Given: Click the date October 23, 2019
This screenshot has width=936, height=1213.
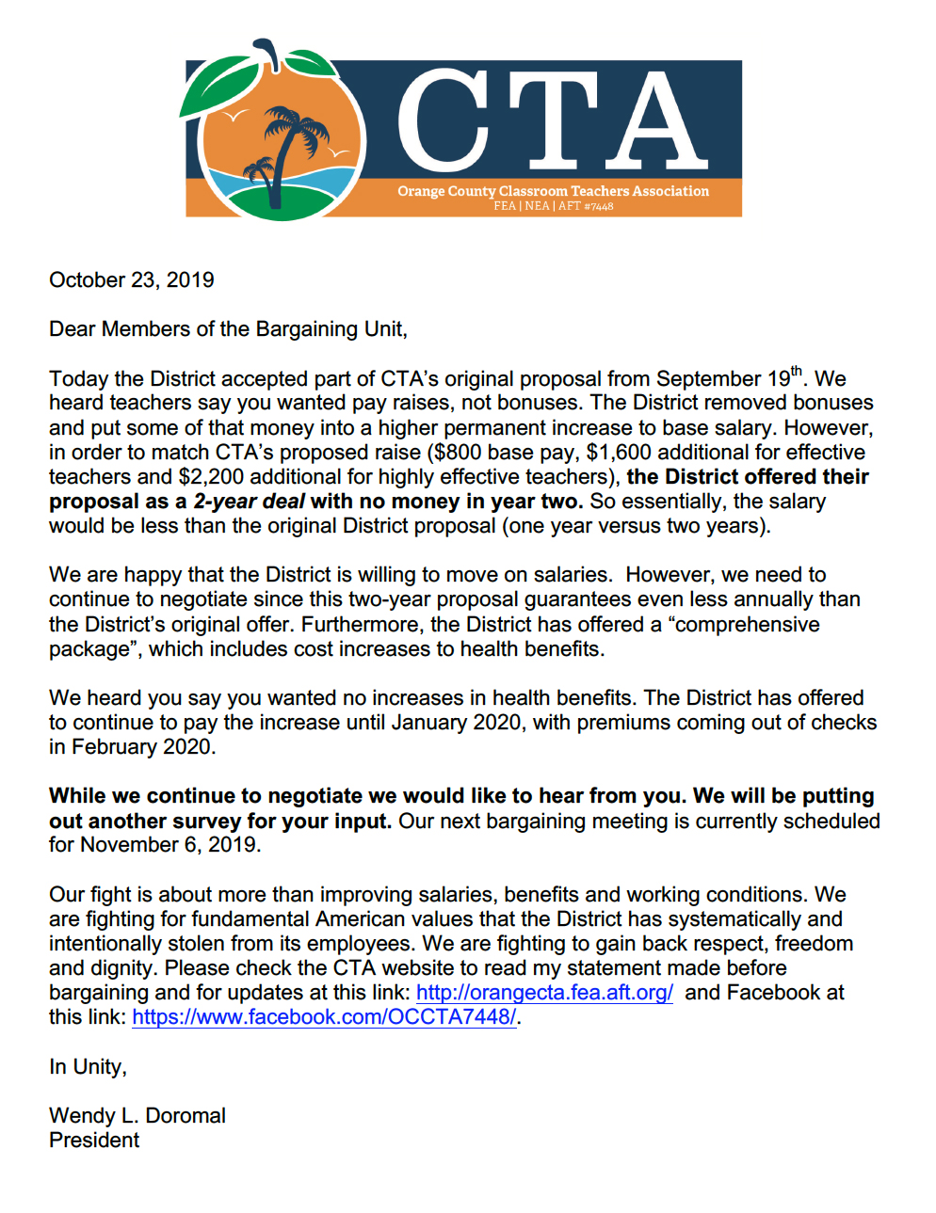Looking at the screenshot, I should click(x=131, y=280).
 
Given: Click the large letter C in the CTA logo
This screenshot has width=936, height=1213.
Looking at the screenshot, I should click(x=444, y=121).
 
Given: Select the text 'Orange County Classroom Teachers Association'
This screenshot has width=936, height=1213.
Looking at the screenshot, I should click(x=553, y=191).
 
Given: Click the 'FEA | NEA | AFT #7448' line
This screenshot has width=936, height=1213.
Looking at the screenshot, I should click(x=553, y=206).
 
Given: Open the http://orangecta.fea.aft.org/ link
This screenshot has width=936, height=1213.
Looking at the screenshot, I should click(x=544, y=993).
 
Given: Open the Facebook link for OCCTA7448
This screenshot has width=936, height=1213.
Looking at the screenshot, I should click(x=324, y=1017).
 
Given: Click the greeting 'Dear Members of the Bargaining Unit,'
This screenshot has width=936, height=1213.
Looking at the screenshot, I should click(x=228, y=329).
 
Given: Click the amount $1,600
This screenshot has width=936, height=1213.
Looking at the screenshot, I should click(x=619, y=453).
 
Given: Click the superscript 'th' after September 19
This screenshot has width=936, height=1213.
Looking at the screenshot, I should click(x=797, y=371).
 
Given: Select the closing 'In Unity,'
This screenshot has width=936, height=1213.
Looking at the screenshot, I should click(x=88, y=1067).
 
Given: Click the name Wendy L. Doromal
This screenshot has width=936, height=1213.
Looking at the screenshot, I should click(x=137, y=1116).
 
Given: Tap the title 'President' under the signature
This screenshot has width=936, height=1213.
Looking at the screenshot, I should click(x=94, y=1141).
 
